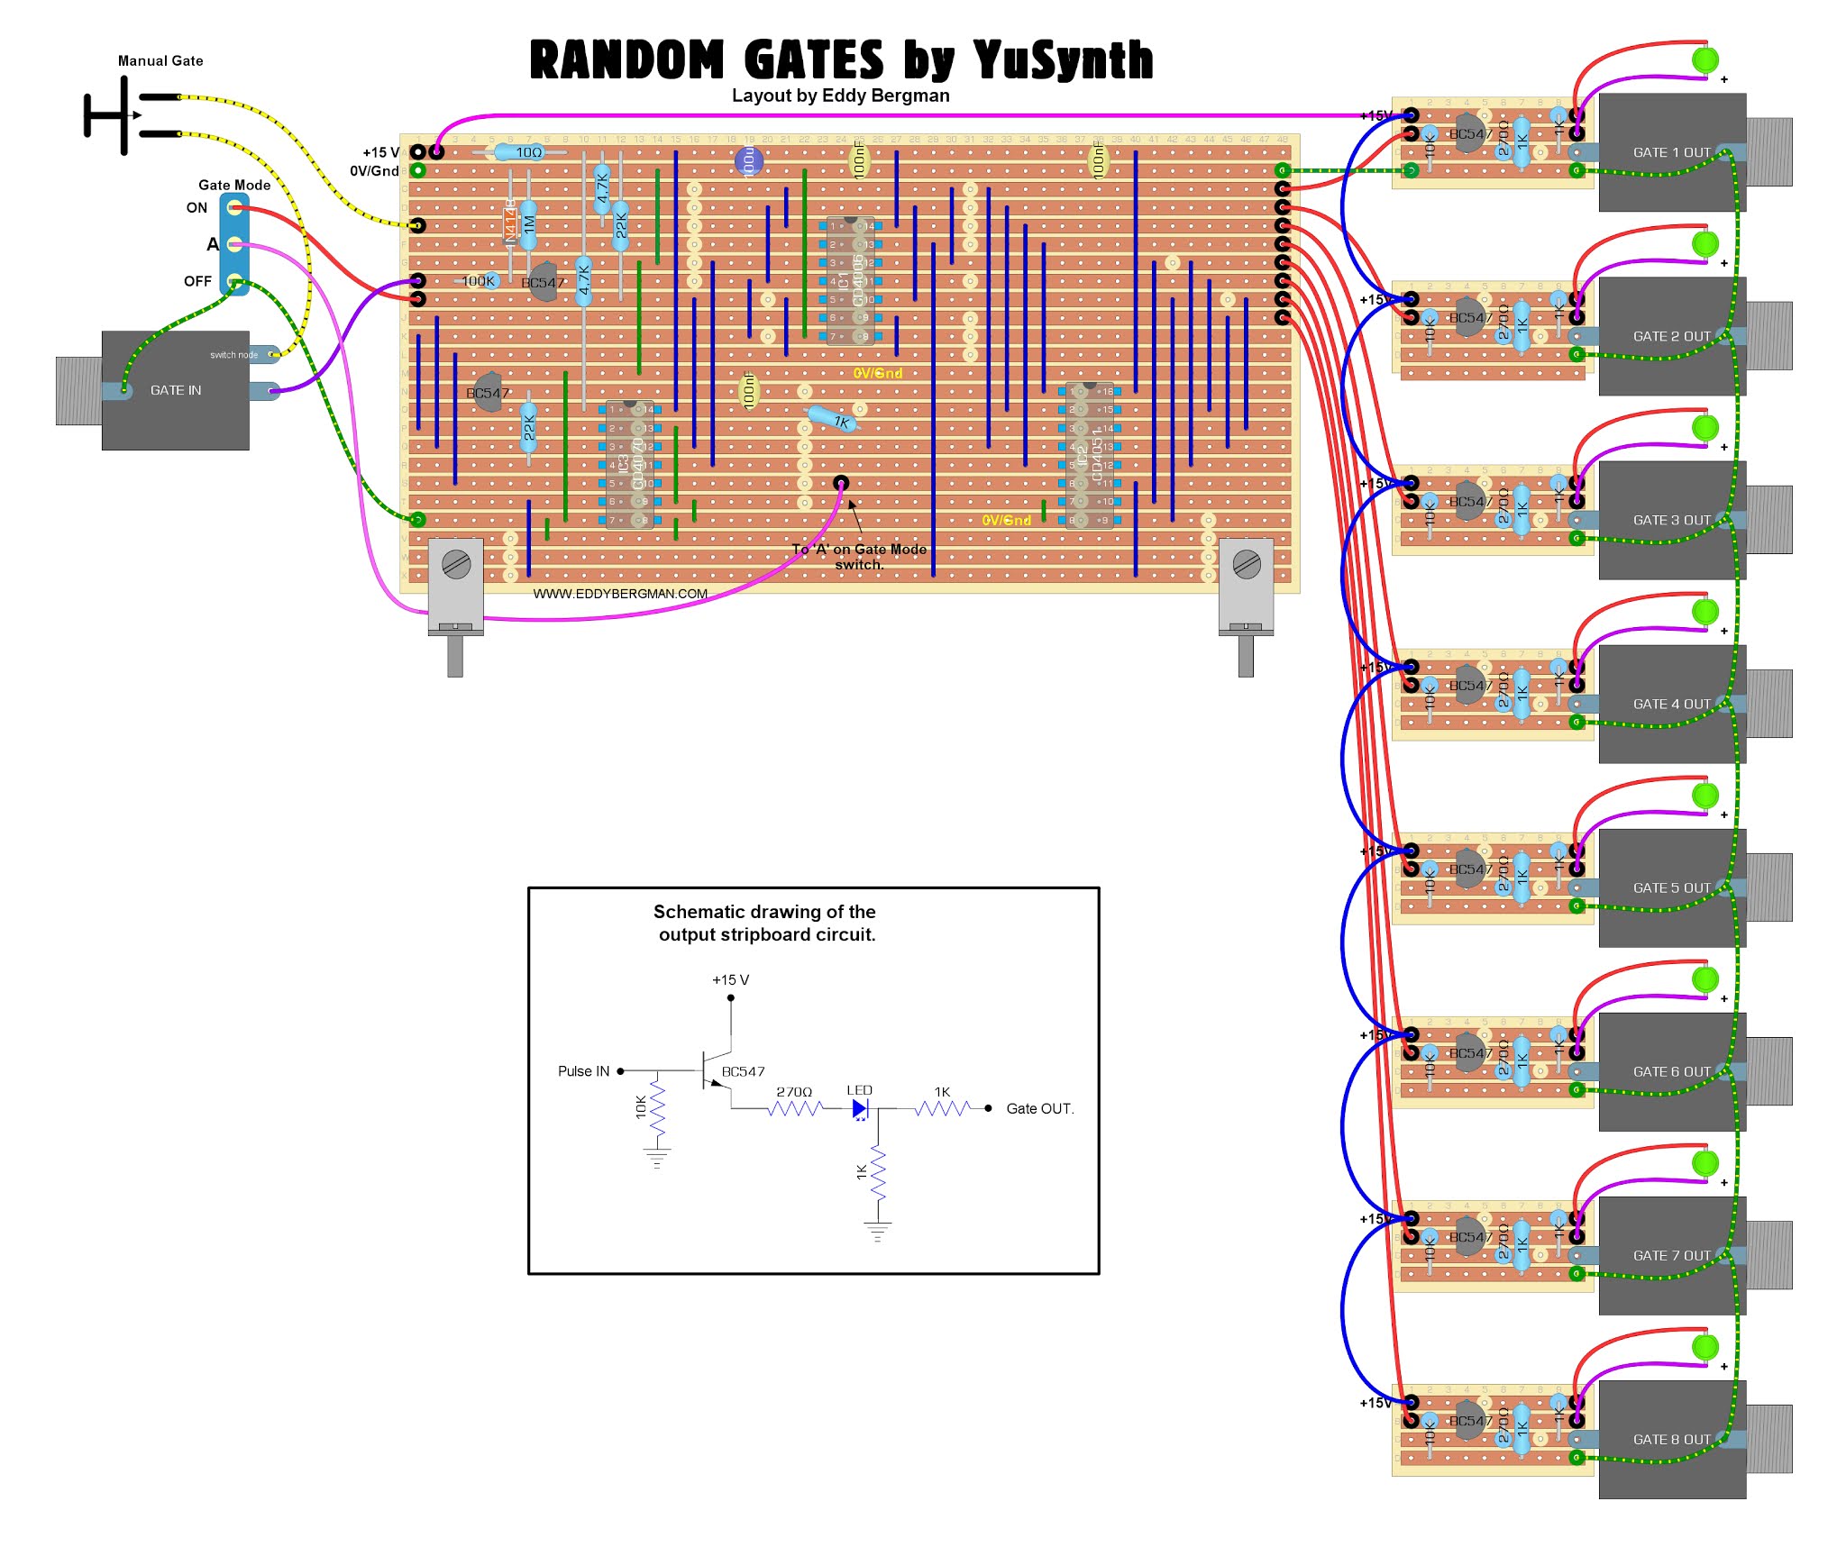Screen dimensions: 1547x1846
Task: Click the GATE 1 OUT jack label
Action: click(1671, 153)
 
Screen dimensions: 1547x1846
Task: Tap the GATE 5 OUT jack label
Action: click(1671, 888)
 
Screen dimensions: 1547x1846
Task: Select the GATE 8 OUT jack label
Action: click(1671, 1440)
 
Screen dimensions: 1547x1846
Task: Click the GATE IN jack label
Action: click(176, 390)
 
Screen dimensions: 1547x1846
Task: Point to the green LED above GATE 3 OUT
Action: click(1704, 427)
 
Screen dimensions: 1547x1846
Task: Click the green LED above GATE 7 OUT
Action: click(1704, 1162)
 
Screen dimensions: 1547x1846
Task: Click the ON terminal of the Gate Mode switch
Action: click(234, 209)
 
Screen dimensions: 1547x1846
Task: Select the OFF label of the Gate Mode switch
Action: click(197, 281)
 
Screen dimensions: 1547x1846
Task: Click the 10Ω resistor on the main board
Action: click(529, 152)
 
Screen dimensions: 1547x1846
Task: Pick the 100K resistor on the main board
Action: click(478, 281)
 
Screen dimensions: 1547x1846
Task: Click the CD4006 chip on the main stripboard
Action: click(851, 280)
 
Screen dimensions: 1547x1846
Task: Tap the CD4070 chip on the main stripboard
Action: click(630, 464)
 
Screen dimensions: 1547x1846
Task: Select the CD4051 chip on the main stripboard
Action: click(1090, 455)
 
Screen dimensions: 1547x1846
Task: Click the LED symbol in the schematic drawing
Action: click(860, 1108)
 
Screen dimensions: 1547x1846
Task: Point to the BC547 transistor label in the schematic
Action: click(743, 1071)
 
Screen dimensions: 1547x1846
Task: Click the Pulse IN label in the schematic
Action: click(583, 1071)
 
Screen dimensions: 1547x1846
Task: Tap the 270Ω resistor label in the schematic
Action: click(794, 1092)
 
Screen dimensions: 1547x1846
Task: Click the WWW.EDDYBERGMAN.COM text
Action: click(620, 594)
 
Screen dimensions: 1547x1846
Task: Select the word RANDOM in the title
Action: click(626, 60)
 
